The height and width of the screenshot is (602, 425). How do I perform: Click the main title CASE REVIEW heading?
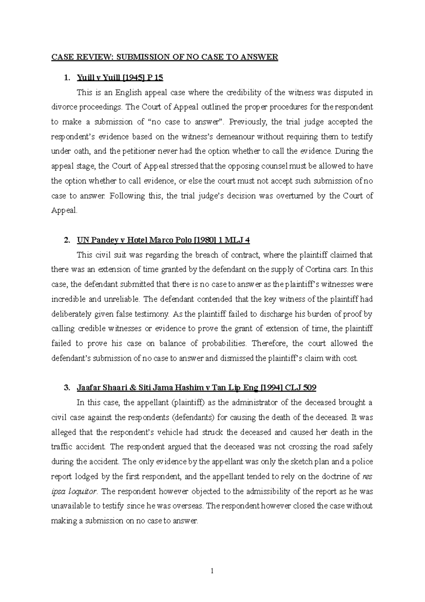[x=165, y=57]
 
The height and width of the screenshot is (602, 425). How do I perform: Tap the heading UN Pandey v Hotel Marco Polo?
[x=163, y=240]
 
